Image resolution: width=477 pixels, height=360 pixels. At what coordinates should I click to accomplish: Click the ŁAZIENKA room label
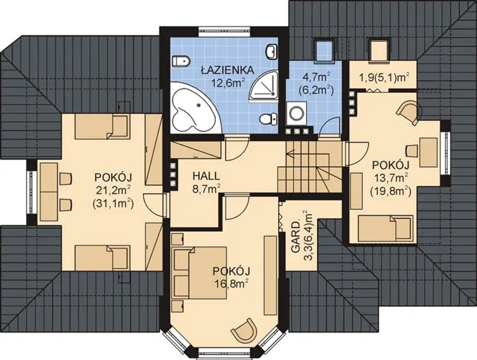228,70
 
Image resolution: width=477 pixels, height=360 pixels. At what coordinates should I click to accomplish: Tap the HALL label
206,176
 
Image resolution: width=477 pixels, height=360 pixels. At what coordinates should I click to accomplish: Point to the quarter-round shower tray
264,87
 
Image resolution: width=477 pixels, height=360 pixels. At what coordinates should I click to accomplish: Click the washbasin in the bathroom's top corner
272,52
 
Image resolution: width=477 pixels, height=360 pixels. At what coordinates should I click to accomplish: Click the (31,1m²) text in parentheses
113,204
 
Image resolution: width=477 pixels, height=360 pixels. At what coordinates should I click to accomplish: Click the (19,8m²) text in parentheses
391,191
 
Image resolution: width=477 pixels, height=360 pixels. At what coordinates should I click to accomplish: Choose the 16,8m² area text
232,283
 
